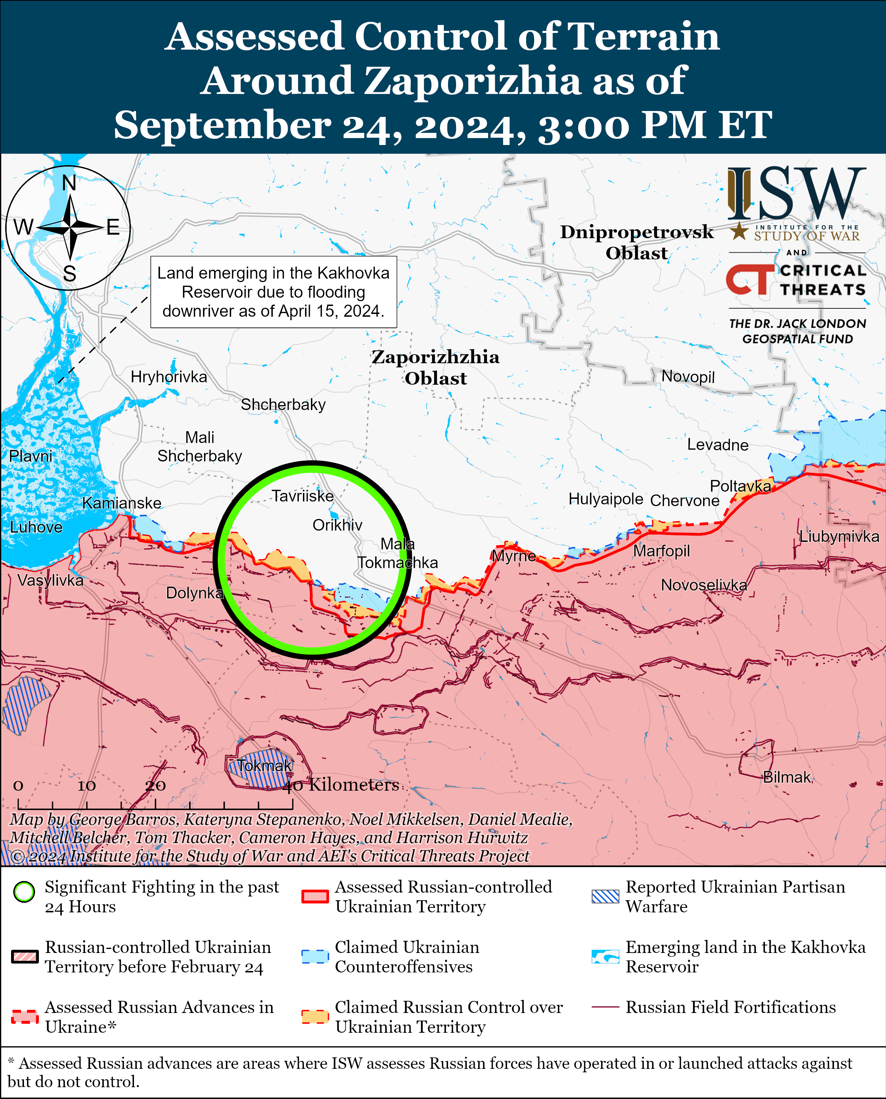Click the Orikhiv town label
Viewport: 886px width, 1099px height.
tap(337, 525)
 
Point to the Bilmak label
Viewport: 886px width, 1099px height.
tap(786, 777)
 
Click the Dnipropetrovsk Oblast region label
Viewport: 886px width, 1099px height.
tap(636, 242)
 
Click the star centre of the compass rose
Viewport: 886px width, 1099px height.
tap(69, 227)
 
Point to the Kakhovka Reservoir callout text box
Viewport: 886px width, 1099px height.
tap(273, 292)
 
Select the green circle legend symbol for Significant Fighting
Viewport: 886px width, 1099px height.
tap(24, 892)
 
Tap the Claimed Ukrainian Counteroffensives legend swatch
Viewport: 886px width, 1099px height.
tap(314, 957)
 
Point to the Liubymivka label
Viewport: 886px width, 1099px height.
tap(838, 536)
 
